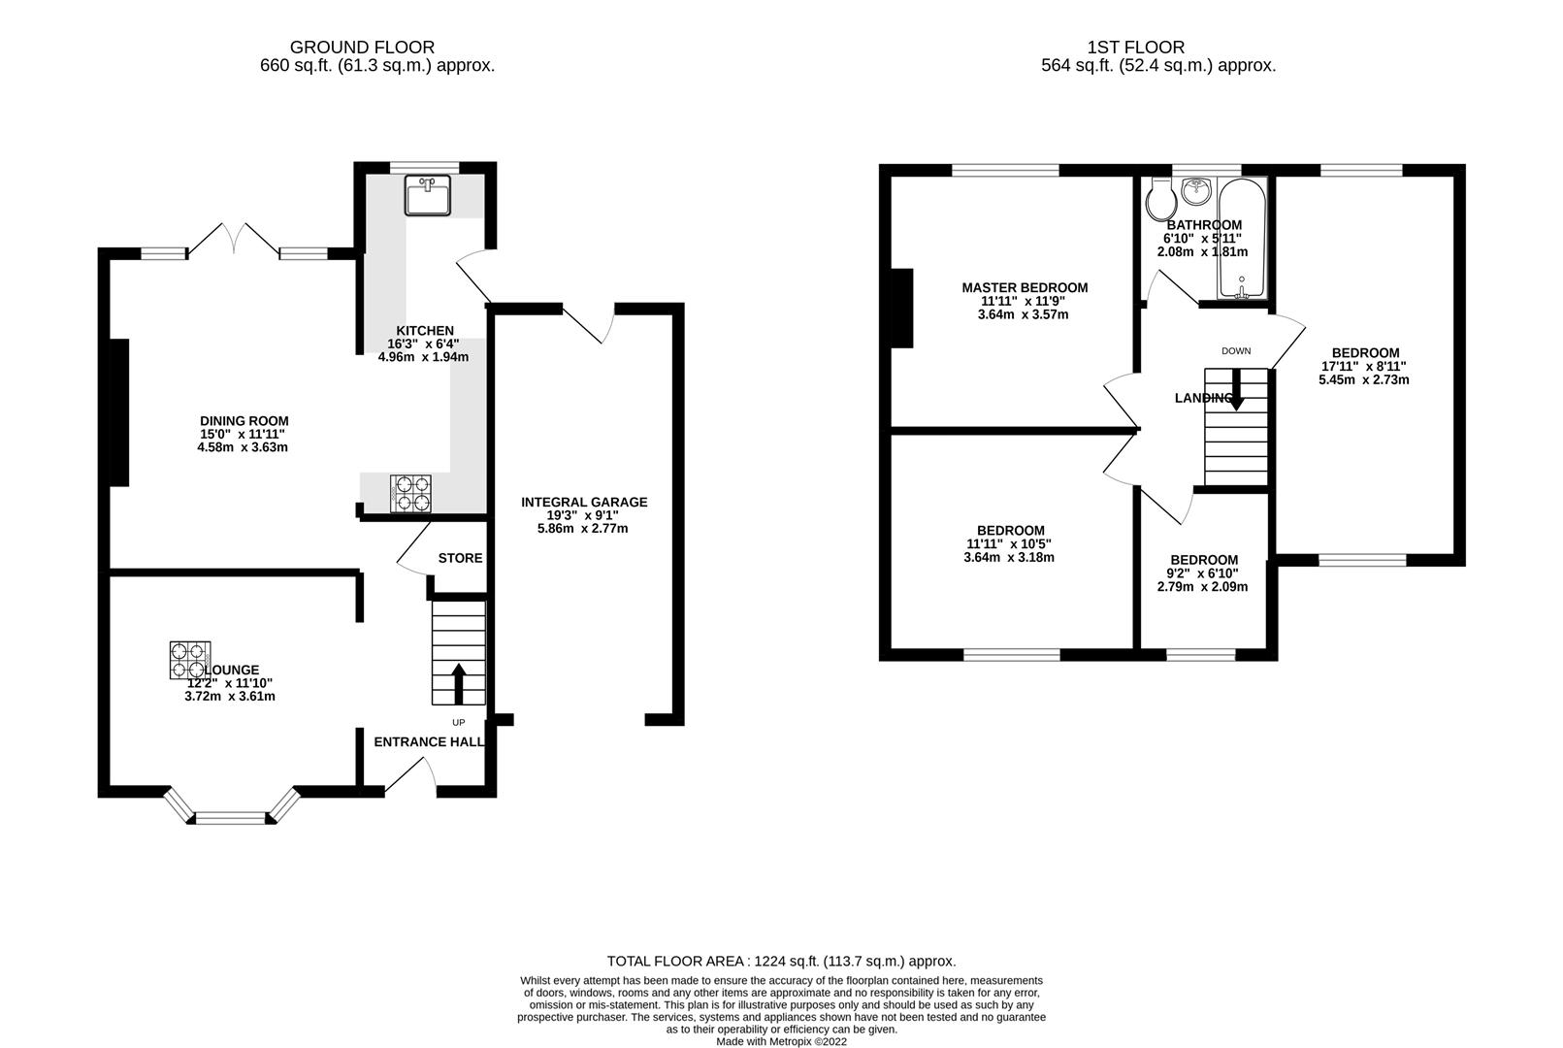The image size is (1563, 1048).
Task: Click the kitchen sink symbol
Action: pyautogui.click(x=428, y=197)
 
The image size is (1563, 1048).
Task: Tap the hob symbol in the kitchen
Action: pyautogui.click(x=411, y=493)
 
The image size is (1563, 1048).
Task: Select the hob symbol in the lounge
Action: pyautogui.click(x=191, y=660)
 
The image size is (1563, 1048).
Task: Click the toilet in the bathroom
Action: pyautogui.click(x=1159, y=200)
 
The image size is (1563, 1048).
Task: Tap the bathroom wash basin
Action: pyautogui.click(x=1196, y=190)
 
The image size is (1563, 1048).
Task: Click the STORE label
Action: pyautogui.click(x=460, y=558)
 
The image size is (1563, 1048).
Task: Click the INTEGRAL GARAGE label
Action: pyautogui.click(x=584, y=502)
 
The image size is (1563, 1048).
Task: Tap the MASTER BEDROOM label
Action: pyautogui.click(x=1025, y=287)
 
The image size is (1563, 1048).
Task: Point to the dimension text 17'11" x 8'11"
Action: pyautogui.click(x=1365, y=367)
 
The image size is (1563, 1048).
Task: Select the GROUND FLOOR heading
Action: pyautogui.click(x=362, y=47)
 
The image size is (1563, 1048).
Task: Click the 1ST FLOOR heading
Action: pyautogui.click(x=1136, y=47)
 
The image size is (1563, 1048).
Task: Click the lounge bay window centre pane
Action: pyautogui.click(x=230, y=818)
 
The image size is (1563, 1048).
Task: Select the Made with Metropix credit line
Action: pyautogui.click(x=781, y=1041)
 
